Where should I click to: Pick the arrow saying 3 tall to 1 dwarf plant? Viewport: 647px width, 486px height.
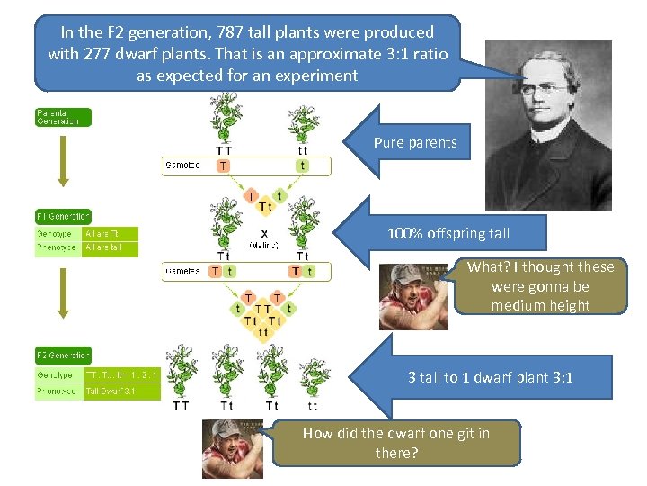point(467,377)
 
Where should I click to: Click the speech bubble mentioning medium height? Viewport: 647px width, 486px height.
point(540,285)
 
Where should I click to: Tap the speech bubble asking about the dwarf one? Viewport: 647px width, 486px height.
point(396,443)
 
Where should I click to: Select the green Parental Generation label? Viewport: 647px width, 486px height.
point(63,117)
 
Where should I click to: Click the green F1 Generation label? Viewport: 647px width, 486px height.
point(63,216)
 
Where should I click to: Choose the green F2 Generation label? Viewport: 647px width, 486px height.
point(63,355)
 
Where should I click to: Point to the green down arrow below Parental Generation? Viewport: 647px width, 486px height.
point(63,166)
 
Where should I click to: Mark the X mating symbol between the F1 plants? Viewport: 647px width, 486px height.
point(263,232)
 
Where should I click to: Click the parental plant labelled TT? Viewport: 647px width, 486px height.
point(223,116)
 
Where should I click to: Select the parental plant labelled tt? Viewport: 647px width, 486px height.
point(303,121)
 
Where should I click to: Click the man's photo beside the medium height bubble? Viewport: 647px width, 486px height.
point(412,295)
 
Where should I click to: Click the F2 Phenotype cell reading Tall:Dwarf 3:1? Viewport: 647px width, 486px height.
point(121,391)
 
